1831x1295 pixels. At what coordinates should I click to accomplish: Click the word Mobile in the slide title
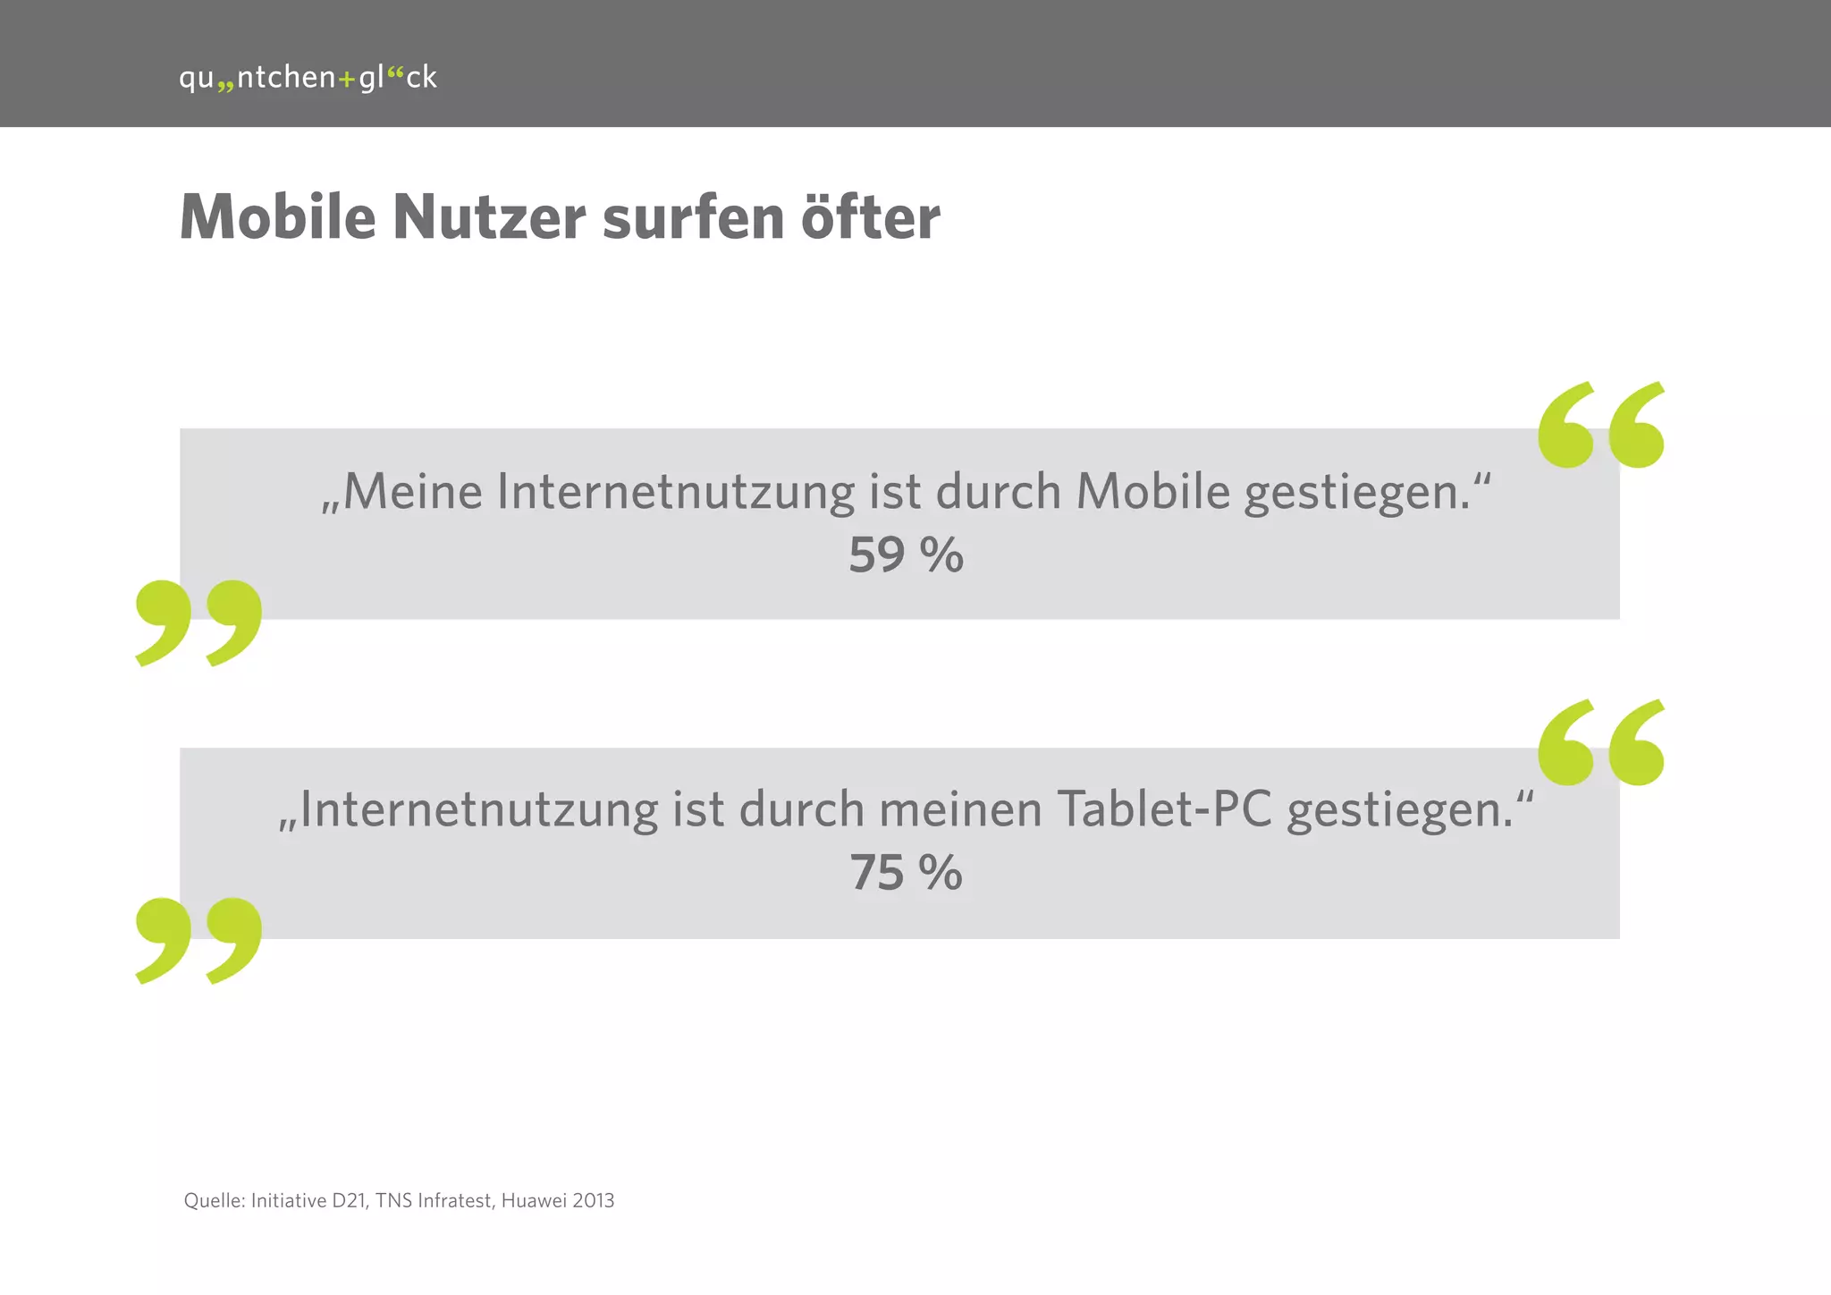(x=278, y=217)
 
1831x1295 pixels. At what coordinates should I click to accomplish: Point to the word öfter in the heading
(x=870, y=217)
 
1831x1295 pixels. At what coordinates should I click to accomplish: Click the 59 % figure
(x=906, y=555)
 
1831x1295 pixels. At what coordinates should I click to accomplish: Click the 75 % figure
(x=906, y=873)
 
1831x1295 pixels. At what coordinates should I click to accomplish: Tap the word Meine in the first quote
(x=412, y=492)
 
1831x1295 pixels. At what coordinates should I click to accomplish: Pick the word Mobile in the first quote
(x=1153, y=492)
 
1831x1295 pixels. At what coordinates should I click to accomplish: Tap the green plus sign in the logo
(x=347, y=80)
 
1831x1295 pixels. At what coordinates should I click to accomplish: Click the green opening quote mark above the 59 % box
(x=1601, y=425)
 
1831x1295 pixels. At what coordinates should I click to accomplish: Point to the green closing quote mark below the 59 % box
(x=198, y=622)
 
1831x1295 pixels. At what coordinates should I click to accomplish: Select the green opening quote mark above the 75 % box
(x=1601, y=742)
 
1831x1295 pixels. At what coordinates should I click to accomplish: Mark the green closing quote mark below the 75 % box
(x=198, y=941)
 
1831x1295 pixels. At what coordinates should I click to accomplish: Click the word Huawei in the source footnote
(x=534, y=1201)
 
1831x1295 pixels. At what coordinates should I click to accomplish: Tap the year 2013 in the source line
(x=594, y=1201)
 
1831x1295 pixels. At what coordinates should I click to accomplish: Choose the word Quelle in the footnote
(x=213, y=1201)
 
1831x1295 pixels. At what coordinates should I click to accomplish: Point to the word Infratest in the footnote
(x=455, y=1201)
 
